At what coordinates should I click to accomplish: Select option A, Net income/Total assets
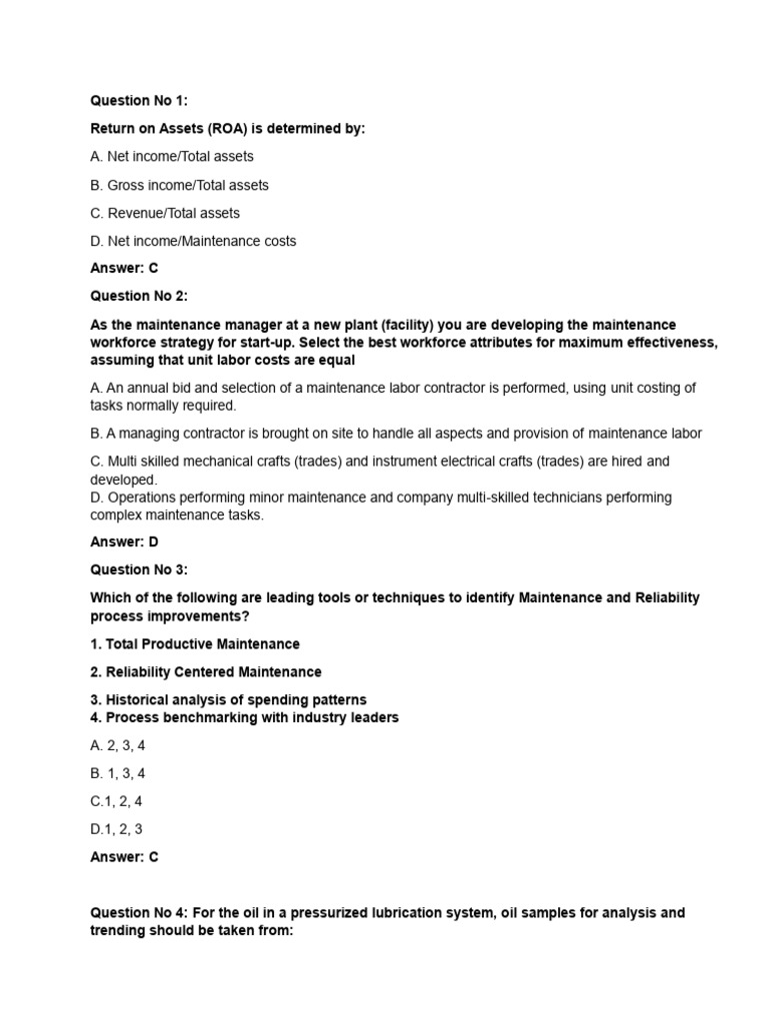tap(172, 157)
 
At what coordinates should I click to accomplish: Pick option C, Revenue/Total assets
tap(165, 213)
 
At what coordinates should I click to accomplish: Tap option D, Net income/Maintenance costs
tap(193, 241)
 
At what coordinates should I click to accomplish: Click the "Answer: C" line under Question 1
tap(125, 269)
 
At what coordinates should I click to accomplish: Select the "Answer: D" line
tap(125, 541)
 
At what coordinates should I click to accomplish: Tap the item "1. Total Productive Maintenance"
tap(195, 644)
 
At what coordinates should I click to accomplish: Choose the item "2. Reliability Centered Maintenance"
tap(206, 672)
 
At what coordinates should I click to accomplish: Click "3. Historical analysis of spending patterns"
tap(228, 700)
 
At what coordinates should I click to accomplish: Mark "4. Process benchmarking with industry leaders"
tap(244, 717)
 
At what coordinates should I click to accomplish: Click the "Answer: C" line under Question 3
tap(125, 857)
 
